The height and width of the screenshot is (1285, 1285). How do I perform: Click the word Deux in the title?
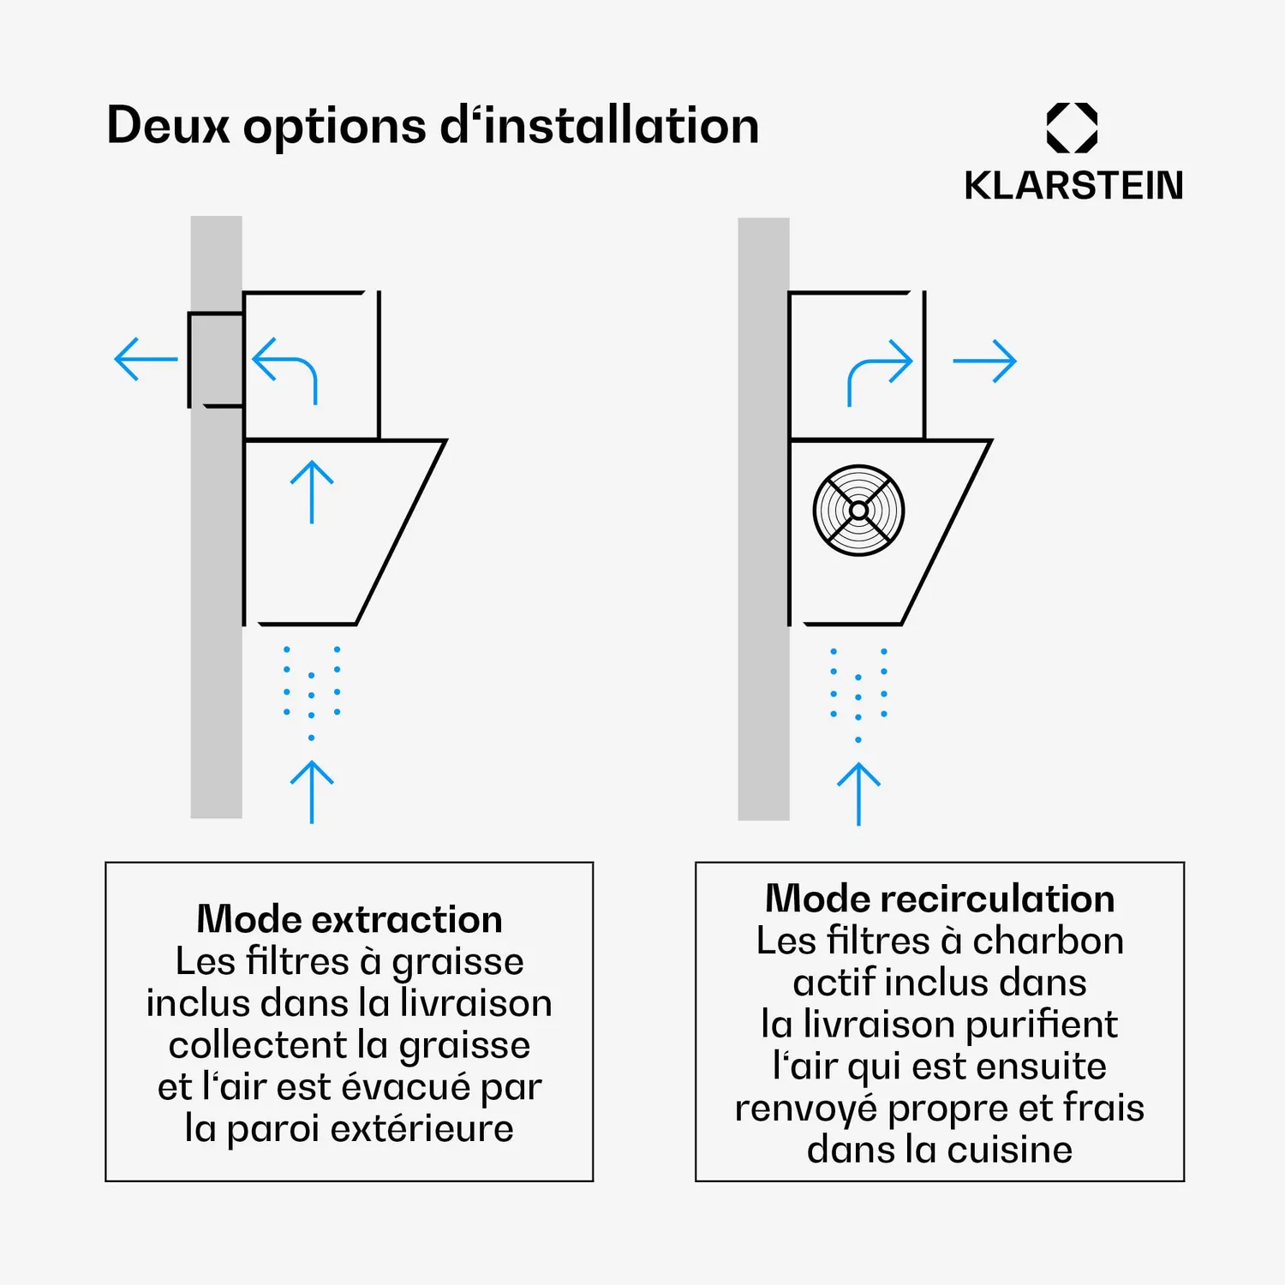pos(168,126)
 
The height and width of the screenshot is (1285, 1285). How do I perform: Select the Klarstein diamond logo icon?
pos(1072,128)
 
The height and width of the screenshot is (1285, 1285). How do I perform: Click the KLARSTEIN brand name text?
pos(1073,186)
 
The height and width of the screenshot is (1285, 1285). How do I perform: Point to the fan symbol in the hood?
pos(858,511)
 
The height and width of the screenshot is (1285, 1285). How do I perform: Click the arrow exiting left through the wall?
pos(146,359)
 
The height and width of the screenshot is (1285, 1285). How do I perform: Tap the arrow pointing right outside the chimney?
pos(984,361)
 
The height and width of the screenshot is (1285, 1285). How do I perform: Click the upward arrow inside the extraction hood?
pos(312,492)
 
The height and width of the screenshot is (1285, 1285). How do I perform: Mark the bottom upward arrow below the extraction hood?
pos(312,792)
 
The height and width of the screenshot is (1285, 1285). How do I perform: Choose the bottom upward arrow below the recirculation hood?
pos(858,794)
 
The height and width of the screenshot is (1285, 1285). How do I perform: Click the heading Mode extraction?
pos(350,919)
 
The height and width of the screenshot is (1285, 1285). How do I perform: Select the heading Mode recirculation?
pos(940,899)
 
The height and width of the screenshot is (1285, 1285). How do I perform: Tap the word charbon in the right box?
pos(1048,941)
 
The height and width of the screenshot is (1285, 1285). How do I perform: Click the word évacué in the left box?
pos(407,1087)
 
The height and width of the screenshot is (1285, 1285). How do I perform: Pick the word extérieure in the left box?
pos(421,1129)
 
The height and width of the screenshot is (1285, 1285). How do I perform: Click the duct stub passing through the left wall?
pos(216,360)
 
